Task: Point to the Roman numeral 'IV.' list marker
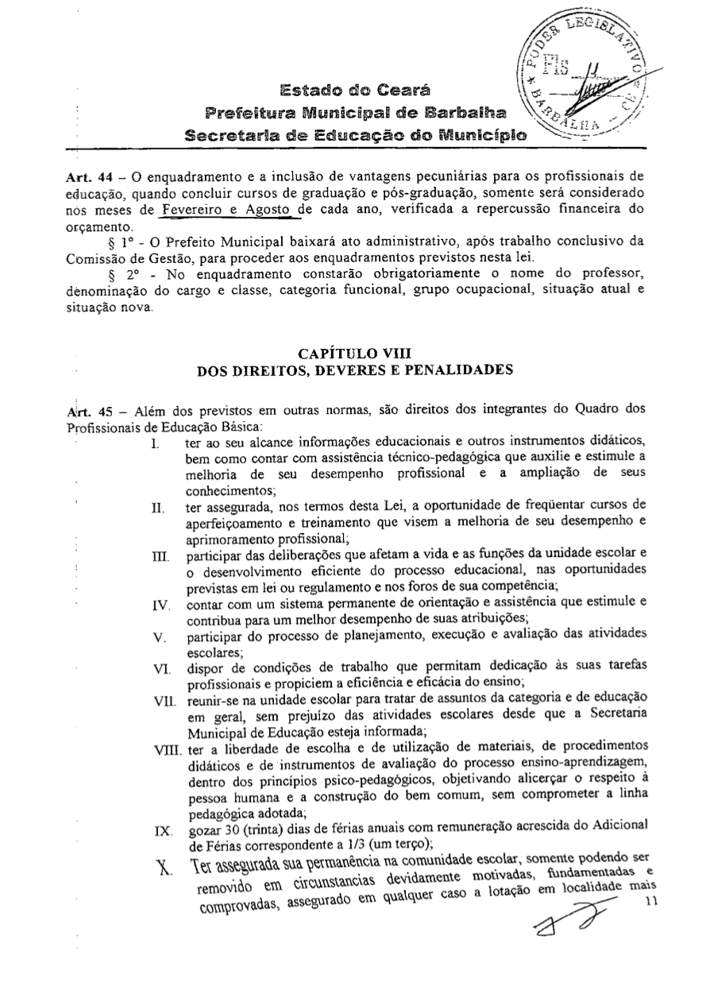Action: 160,605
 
